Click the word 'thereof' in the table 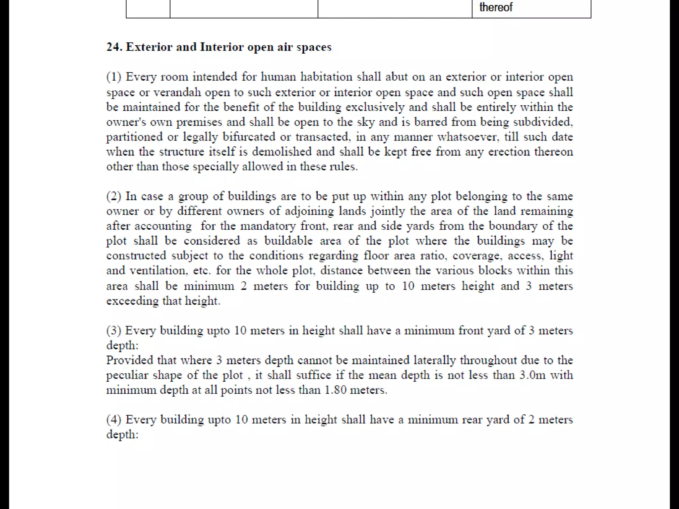pos(496,7)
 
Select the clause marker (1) pos(114,77)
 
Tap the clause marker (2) pos(114,196)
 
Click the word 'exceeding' pos(132,301)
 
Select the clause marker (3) pos(114,330)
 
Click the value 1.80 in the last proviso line pos(335,390)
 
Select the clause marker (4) pos(114,420)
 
